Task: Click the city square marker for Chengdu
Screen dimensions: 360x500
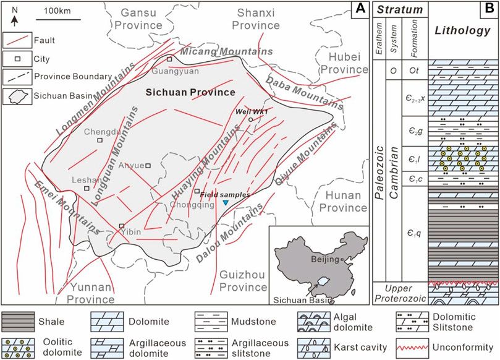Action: point(100,140)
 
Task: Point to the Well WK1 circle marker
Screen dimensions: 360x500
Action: point(250,119)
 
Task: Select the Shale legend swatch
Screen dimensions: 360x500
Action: point(17,320)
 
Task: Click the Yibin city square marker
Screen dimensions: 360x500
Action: point(122,226)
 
